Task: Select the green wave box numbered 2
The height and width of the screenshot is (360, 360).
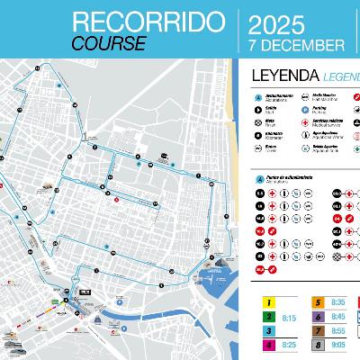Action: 267,319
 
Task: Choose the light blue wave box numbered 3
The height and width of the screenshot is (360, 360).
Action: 267,332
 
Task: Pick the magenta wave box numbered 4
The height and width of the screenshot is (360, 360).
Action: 267,346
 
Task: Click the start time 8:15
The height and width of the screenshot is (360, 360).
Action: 290,319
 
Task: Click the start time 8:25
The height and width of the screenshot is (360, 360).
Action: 290,346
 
